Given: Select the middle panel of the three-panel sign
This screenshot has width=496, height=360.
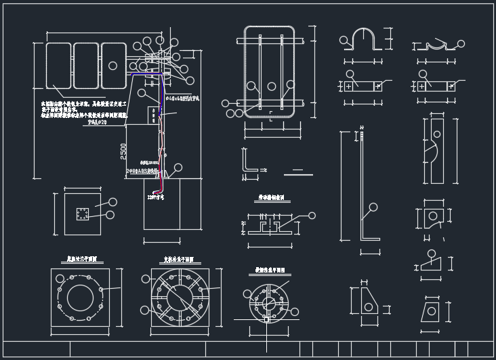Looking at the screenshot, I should pos(86,65).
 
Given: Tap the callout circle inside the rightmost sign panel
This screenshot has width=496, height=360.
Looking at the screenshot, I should pos(113,66).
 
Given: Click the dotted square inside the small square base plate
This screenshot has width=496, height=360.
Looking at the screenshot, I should pos(82,214).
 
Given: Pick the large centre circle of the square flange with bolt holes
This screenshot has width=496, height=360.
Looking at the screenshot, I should pos(80,297).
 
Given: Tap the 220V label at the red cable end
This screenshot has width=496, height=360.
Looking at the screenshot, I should pos(156,197).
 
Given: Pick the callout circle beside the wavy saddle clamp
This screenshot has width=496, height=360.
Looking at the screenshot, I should pos(461,44).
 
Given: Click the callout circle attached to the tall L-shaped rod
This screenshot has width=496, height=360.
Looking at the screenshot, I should pos(371,207).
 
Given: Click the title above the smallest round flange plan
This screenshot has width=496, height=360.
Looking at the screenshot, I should pos(269,269).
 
